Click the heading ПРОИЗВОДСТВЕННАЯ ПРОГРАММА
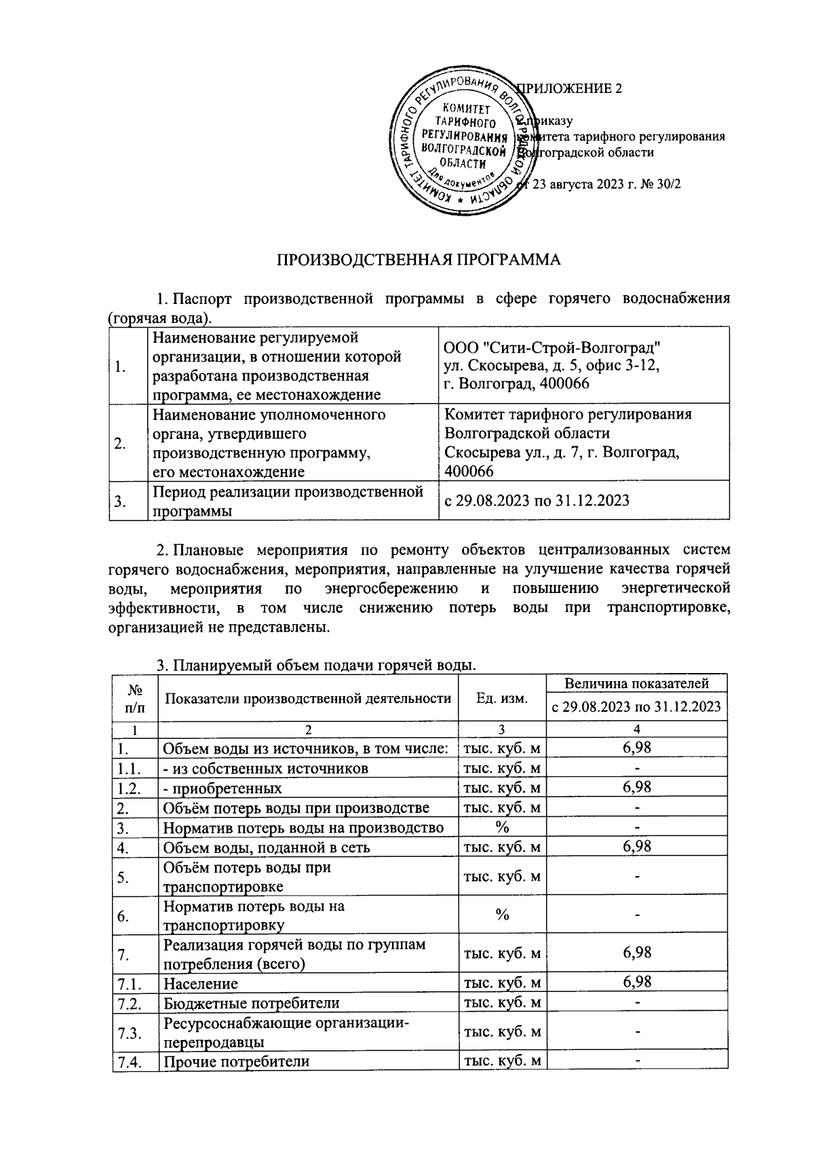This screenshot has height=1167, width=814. (419, 261)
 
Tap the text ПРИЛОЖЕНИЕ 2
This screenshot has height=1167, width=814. (570, 89)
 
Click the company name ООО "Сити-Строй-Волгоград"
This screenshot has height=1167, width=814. (552, 347)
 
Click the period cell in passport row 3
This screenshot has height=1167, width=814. (536, 501)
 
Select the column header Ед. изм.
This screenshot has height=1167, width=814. (502, 698)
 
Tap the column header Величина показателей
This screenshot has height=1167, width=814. (637, 683)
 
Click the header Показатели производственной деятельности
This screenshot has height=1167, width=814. (308, 698)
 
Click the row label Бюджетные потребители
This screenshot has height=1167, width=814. (251, 1003)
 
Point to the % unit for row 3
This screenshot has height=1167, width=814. (502, 827)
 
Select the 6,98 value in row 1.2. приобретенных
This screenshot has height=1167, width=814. (637, 787)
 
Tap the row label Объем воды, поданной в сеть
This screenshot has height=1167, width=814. (266, 847)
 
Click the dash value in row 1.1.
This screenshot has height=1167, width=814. (637, 768)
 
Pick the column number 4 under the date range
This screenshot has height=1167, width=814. (637, 729)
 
